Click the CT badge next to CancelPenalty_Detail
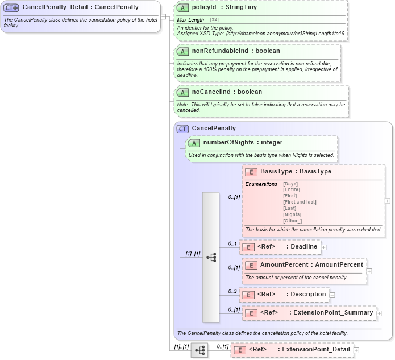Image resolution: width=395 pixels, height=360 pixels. point(12,7)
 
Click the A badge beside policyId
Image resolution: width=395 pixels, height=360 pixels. point(182,8)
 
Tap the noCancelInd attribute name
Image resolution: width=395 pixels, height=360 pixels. point(227,92)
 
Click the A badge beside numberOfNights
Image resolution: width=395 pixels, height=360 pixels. point(194,142)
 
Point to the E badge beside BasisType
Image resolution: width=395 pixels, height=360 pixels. point(251,171)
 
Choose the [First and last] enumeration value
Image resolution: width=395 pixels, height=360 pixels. point(300,202)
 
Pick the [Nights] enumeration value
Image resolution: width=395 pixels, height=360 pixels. point(293,214)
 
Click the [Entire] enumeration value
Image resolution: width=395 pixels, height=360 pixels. point(292,189)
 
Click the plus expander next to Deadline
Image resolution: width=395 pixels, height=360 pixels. point(323,247)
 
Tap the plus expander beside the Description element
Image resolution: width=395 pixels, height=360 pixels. point(332,295)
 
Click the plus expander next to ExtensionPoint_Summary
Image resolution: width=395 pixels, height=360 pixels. point(380,313)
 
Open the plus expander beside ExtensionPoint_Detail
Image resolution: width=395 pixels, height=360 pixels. point(356,350)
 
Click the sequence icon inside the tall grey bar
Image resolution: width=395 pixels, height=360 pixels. point(211,257)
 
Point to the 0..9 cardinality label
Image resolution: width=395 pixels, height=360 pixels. point(232,291)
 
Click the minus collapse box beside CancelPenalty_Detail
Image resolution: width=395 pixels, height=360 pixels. point(163,16)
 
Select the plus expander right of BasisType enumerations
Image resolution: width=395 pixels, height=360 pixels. point(388,201)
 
